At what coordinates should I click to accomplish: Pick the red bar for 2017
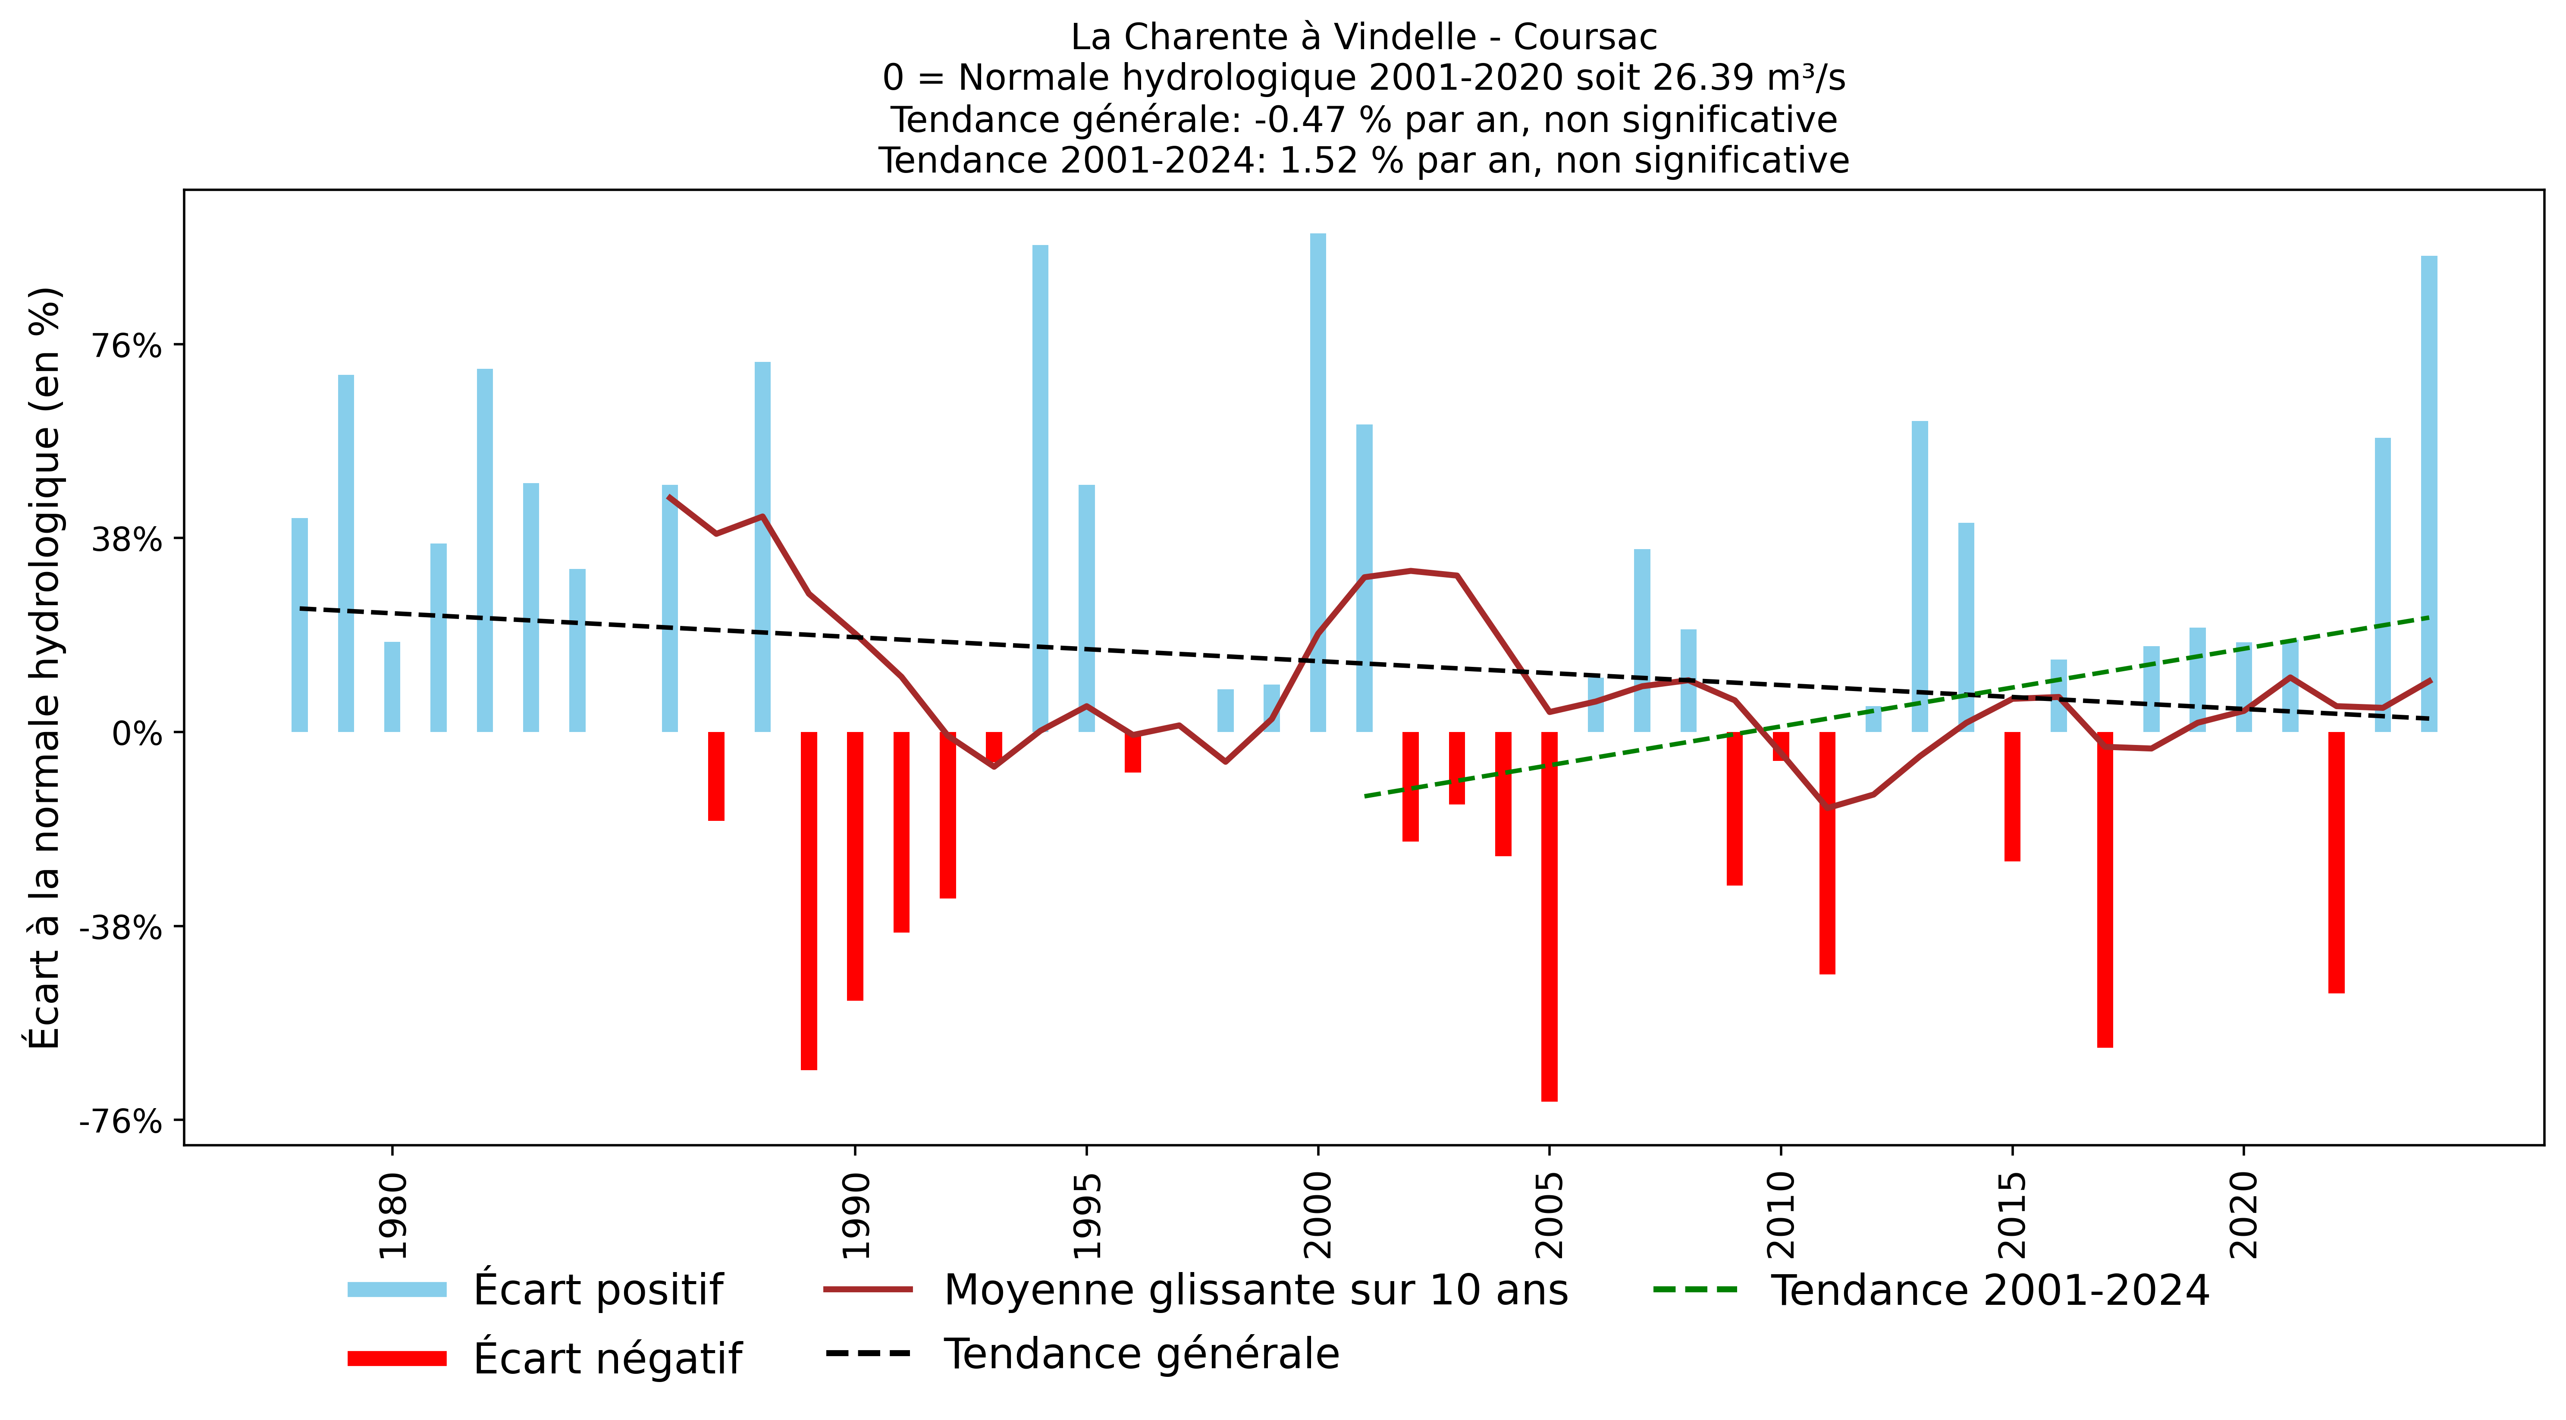coord(2105,889)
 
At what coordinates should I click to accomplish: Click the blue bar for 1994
coord(1040,488)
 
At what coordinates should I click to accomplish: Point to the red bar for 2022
coord(2336,862)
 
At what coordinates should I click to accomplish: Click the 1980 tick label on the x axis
coord(393,1216)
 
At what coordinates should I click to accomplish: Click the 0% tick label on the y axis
coord(136,733)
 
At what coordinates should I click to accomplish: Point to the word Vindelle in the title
coord(1405,37)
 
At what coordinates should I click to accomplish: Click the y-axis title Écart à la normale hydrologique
coord(45,668)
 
